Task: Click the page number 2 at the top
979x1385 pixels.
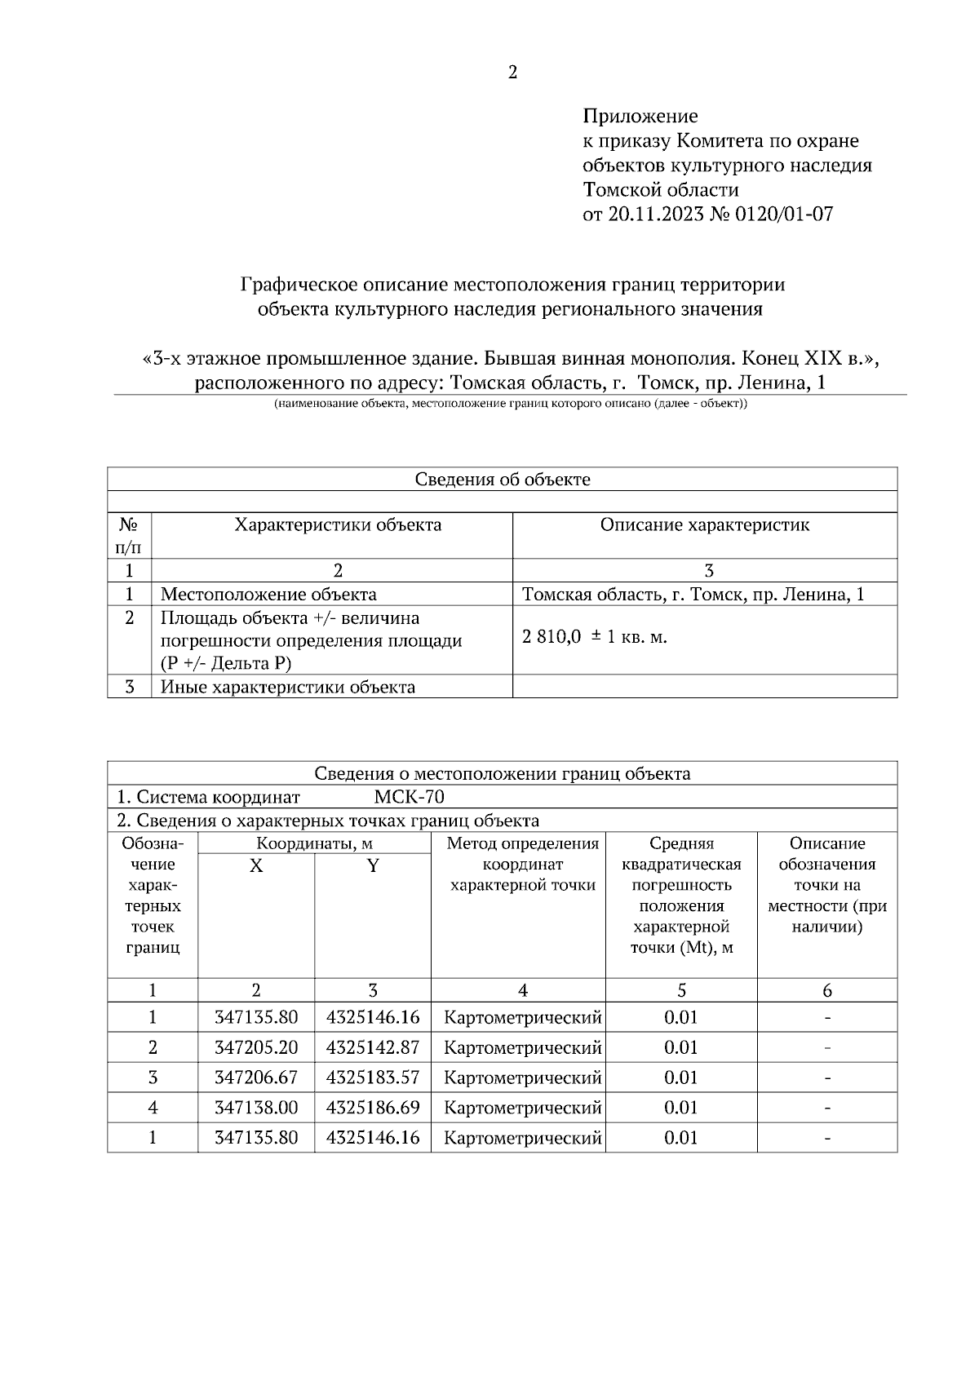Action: pyautogui.click(x=512, y=73)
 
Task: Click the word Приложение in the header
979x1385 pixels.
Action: pyautogui.click(x=640, y=117)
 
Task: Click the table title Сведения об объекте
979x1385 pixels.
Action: pyautogui.click(x=502, y=480)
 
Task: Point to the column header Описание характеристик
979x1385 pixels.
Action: pyautogui.click(x=704, y=525)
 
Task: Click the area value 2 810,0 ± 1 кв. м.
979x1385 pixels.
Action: pyautogui.click(x=594, y=638)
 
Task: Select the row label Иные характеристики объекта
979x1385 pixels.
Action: pyautogui.click(x=287, y=688)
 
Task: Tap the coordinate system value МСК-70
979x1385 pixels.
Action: pyautogui.click(x=409, y=797)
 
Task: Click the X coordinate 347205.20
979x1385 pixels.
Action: pyautogui.click(x=256, y=1048)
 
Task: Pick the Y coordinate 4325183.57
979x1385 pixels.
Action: pyautogui.click(x=372, y=1078)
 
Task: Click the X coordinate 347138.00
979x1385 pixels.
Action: pyautogui.click(x=256, y=1108)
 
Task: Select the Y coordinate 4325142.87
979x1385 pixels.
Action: pyautogui.click(x=372, y=1048)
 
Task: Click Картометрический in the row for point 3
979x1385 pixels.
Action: pyautogui.click(x=522, y=1078)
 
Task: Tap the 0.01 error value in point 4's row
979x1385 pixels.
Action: pyautogui.click(x=680, y=1108)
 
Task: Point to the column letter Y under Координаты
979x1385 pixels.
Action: pyautogui.click(x=372, y=866)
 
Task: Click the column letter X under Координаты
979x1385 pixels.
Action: pyautogui.click(x=256, y=866)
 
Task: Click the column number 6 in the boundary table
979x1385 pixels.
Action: pyautogui.click(x=826, y=991)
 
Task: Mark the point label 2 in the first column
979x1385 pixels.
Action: pyautogui.click(x=153, y=1048)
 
